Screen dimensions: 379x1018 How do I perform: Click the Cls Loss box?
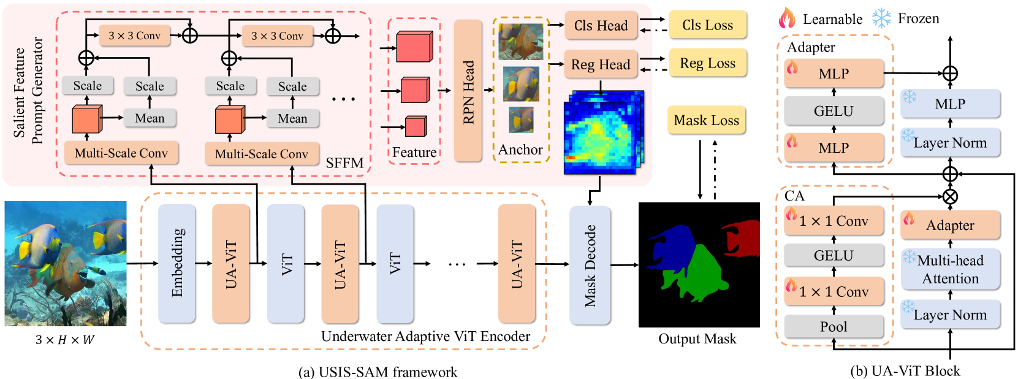(707, 25)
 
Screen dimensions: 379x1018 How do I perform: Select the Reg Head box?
(601, 64)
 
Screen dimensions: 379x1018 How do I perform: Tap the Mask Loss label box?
(706, 120)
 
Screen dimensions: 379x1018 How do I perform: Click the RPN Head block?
(468, 91)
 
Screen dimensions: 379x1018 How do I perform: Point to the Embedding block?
(177, 263)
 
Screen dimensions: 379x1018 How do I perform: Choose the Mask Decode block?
(590, 265)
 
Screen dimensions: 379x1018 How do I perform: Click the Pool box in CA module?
(834, 327)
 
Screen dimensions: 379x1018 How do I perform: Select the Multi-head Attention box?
(950, 269)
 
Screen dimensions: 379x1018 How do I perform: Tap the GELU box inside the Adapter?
(834, 111)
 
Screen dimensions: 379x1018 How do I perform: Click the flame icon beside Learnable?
(787, 18)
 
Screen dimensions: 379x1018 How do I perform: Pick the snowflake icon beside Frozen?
(881, 18)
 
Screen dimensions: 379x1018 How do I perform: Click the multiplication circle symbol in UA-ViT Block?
(950, 197)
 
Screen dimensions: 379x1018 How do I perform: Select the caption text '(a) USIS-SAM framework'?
(378, 372)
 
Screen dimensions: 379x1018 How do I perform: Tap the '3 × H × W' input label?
(64, 340)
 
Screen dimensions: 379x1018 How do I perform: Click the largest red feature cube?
(414, 47)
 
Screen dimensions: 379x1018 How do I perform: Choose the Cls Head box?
(601, 26)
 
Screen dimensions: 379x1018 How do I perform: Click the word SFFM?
(344, 163)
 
